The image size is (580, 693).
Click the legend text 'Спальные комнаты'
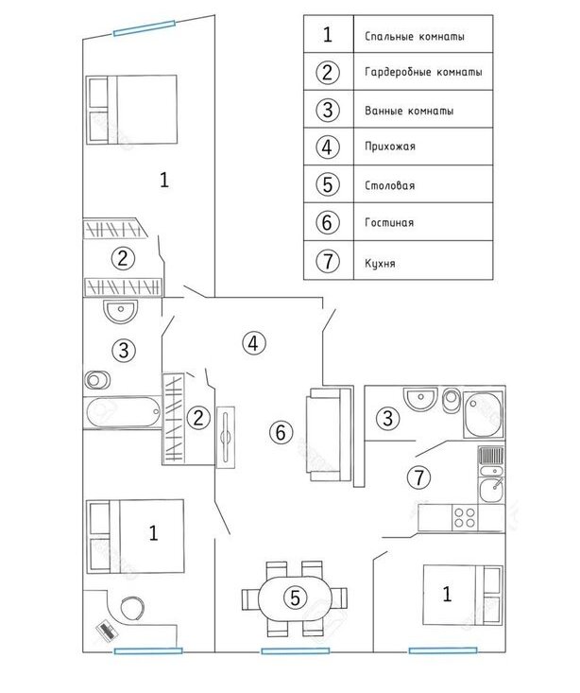click(x=415, y=36)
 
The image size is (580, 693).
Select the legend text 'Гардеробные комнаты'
click(x=423, y=72)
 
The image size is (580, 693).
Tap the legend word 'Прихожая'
click(x=390, y=147)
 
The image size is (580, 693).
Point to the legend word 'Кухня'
click(x=380, y=264)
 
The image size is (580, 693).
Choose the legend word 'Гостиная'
click(x=389, y=222)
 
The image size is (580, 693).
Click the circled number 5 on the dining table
click(x=295, y=598)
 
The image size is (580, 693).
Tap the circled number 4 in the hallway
click(x=253, y=343)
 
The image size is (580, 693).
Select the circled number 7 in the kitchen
click(x=418, y=476)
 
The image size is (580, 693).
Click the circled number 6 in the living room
click(x=281, y=432)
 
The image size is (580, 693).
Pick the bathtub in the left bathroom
click(x=123, y=412)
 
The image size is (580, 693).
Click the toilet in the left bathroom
click(x=97, y=380)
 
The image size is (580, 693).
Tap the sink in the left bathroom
click(x=120, y=310)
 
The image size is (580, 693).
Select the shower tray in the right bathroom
click(x=484, y=414)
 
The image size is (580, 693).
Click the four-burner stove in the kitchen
click(x=465, y=518)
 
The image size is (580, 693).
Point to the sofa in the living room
click(x=330, y=435)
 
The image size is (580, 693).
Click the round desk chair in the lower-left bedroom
click(x=131, y=609)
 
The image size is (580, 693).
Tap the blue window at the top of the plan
click(x=144, y=27)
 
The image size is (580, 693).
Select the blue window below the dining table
click(x=296, y=651)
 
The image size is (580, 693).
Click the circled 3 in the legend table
click(x=328, y=109)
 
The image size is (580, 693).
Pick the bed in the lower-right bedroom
click(x=463, y=595)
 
